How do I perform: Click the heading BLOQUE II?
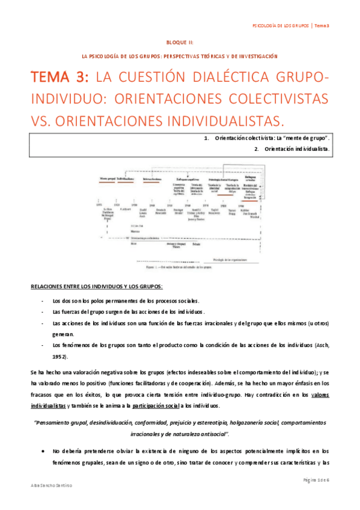pos(180,43)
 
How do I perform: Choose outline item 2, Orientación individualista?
pos(291,148)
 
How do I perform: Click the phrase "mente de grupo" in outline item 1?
pos(307,138)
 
